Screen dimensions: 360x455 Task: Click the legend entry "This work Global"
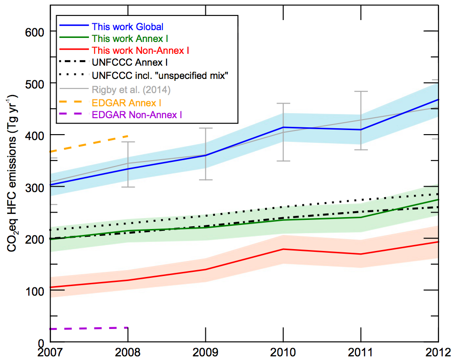point(127,26)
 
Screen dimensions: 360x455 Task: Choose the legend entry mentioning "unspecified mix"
point(159,75)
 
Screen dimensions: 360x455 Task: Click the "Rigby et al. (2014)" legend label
point(131,89)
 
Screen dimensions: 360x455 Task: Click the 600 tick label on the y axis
point(34,32)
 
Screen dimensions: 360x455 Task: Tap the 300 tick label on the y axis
point(34,188)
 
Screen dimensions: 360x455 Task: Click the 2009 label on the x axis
point(205,353)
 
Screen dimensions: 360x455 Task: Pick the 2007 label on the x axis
point(50,353)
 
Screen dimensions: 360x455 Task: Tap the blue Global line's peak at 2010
point(283,127)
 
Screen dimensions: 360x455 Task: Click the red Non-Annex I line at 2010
point(283,249)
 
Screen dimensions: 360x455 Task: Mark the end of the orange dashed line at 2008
point(128,136)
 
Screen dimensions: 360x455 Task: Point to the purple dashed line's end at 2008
point(128,328)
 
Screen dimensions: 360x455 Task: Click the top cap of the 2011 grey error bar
point(361,92)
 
